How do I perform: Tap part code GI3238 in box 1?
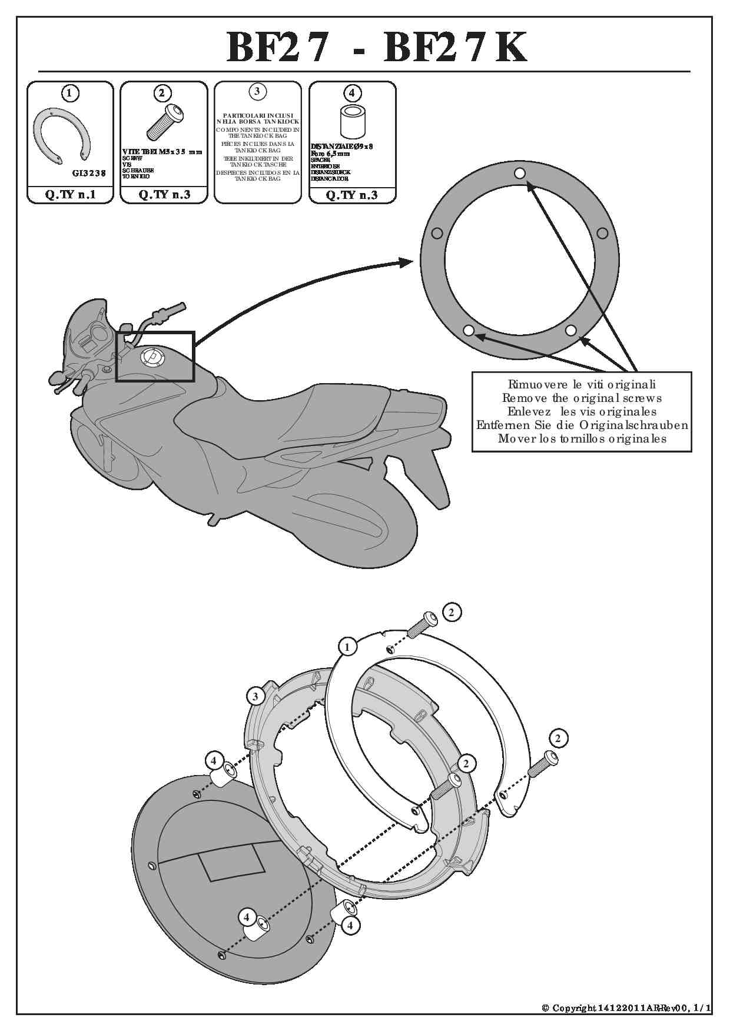click(x=89, y=173)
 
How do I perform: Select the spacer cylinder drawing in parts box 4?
click(x=352, y=121)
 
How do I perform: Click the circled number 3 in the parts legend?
click(x=257, y=91)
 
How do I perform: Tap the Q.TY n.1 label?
click(x=70, y=195)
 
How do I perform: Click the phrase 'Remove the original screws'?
click(x=582, y=398)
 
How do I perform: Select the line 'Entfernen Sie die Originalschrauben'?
click(x=582, y=425)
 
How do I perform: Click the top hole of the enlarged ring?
click(x=520, y=173)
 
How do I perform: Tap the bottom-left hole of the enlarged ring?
click(x=469, y=330)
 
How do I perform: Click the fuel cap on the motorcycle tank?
click(x=151, y=357)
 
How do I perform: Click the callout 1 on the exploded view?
click(x=347, y=647)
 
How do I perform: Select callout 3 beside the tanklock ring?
click(x=255, y=697)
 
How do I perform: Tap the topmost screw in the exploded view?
click(x=423, y=623)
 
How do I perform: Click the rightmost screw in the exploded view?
click(x=542, y=763)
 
